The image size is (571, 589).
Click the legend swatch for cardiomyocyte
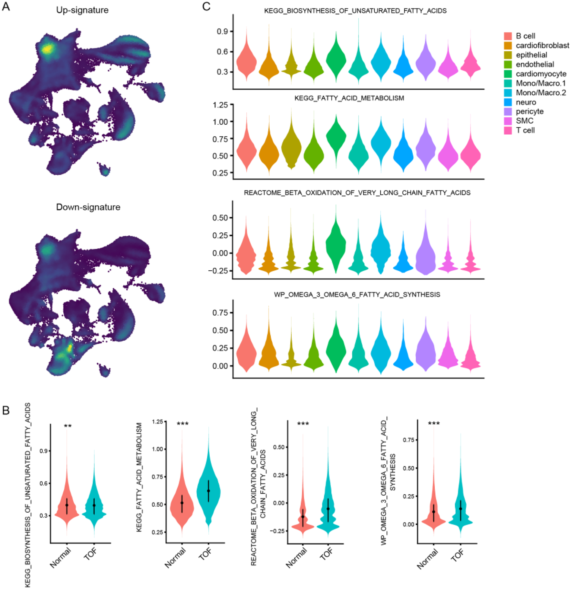pos(508,74)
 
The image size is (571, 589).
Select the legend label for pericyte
pos(529,112)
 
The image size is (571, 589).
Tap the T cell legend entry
pos(525,130)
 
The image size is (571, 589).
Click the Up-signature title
pos(82,10)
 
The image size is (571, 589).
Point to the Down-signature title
pos(88,207)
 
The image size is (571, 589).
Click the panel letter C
pos(206,7)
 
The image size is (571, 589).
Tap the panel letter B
pos(6,410)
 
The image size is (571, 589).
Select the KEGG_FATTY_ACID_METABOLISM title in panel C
pos(349,98)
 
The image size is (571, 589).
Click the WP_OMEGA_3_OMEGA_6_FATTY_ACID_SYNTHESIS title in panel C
pos(357,294)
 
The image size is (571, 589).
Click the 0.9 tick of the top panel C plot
pos(223,31)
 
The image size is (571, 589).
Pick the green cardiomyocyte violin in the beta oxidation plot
pos(336,241)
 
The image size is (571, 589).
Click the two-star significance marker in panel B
pos(68,426)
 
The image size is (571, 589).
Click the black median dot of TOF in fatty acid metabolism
pos(208,491)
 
